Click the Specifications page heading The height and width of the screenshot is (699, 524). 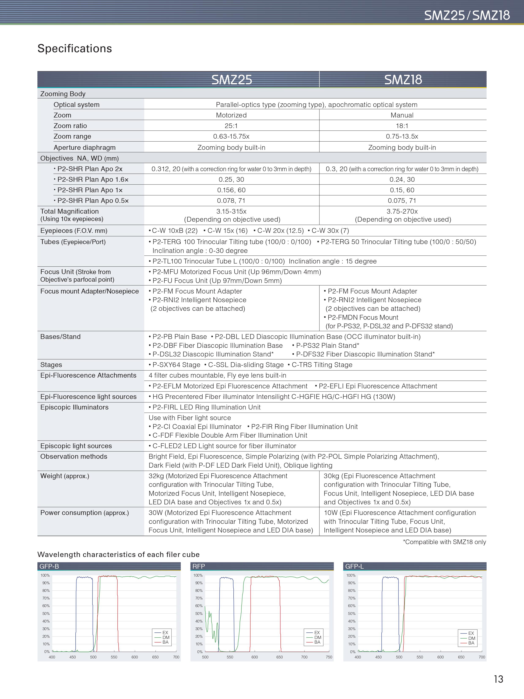75,49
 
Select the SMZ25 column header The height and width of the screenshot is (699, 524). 231,80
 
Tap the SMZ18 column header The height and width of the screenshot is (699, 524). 403,80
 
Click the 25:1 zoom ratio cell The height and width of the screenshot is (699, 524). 231,126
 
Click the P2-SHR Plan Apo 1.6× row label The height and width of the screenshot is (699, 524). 91,179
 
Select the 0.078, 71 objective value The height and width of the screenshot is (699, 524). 231,201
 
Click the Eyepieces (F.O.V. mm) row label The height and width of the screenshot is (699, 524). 73,231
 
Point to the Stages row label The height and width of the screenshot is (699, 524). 51,365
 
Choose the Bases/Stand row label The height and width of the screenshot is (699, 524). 60,337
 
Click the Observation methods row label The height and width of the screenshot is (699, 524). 73,457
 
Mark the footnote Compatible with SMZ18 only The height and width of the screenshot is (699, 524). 444,542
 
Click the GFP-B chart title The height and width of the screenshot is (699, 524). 49,566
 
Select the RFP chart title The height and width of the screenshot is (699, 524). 199,566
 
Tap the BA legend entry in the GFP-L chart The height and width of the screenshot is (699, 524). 471,643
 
